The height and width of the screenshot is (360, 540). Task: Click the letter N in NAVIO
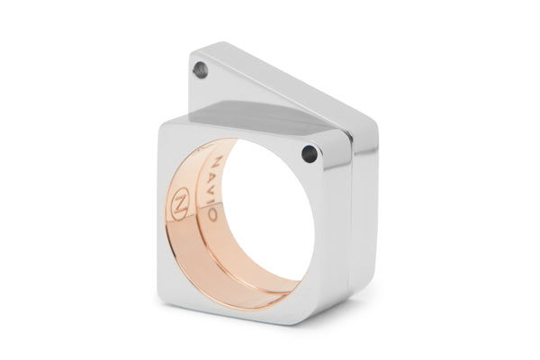(x=219, y=162)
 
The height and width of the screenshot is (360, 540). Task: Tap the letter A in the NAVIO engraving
(x=218, y=175)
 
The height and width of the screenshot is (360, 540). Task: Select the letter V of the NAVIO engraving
(x=216, y=188)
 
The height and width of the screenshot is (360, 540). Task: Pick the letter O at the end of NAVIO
(x=211, y=213)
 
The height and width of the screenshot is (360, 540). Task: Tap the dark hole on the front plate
(x=310, y=154)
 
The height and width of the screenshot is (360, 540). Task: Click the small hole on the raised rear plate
(x=200, y=70)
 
